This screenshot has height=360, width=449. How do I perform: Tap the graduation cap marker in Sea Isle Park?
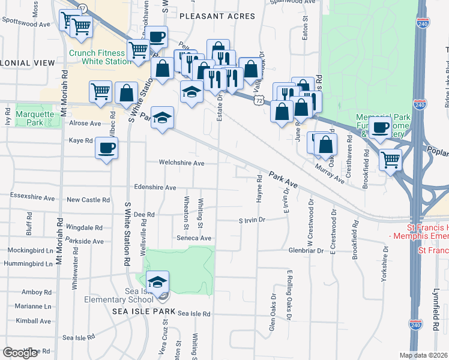(x=157, y=282)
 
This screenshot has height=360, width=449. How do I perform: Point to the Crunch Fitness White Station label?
(x=98, y=57)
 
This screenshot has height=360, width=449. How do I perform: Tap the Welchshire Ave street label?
(x=181, y=163)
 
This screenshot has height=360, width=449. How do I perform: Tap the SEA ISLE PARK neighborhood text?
(x=143, y=312)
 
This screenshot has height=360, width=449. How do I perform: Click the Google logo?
(x=20, y=353)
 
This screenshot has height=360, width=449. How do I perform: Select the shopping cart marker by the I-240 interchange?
(x=391, y=160)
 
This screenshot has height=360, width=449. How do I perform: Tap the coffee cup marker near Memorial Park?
(x=379, y=127)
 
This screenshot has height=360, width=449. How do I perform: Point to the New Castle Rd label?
(x=88, y=200)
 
